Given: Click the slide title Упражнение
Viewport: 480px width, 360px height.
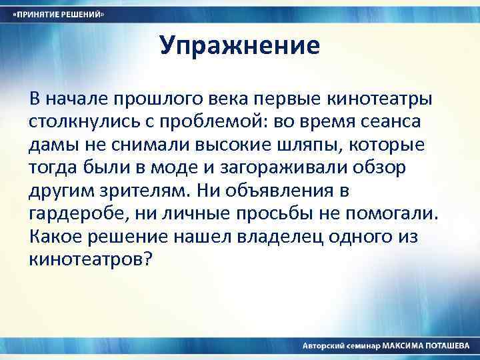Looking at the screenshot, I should tap(240, 46).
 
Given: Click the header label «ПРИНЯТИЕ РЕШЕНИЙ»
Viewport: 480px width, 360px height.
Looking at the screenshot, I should tap(61, 14).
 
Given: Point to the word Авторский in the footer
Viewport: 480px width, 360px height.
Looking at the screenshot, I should tap(323, 346).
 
